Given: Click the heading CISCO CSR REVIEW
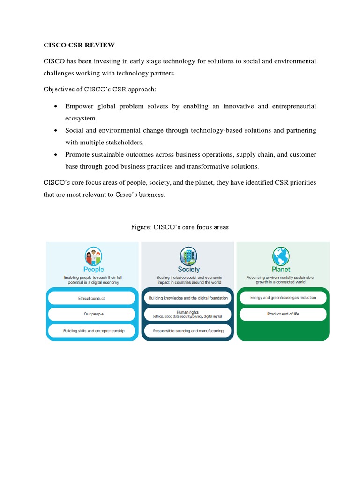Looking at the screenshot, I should point(79,45).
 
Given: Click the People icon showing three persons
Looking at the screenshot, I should point(93,256).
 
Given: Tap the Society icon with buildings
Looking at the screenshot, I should point(188,256).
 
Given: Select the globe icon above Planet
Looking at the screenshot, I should point(281,256).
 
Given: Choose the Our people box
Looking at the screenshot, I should point(93,314).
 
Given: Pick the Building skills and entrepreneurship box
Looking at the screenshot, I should point(93,330).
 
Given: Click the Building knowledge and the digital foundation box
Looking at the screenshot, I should point(188,298).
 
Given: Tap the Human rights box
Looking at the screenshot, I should point(188,314).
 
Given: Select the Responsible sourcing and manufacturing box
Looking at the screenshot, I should point(188,330).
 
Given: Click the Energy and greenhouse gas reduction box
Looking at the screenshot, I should point(283,298).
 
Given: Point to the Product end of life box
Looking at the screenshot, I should point(283,314).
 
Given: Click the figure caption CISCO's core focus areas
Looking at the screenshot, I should point(180,227).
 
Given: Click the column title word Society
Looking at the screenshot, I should point(188,270).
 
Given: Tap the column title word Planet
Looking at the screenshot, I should point(281,270).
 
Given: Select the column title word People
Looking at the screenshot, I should point(93,270).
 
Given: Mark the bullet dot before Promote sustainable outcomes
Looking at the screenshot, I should point(56,155).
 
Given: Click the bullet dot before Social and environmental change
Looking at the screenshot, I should point(56,131).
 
